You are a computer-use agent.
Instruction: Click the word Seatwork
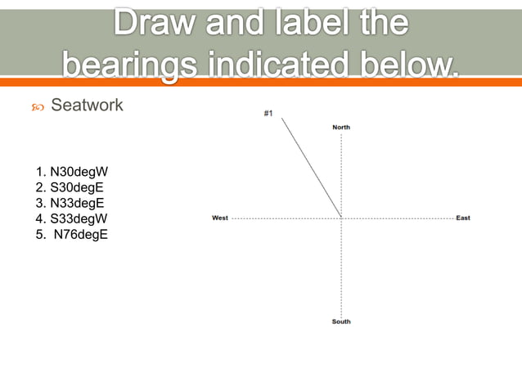tap(87, 105)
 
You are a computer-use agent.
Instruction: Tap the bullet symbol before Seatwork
tap(38, 106)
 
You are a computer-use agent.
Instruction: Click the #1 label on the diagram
tap(268, 113)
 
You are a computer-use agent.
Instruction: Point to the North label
tap(341, 127)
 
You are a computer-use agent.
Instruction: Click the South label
tap(341, 321)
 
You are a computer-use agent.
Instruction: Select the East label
tap(463, 218)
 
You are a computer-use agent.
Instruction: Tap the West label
tap(220, 218)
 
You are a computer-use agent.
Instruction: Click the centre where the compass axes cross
tap(341, 218)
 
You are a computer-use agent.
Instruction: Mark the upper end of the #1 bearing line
tap(282, 119)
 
